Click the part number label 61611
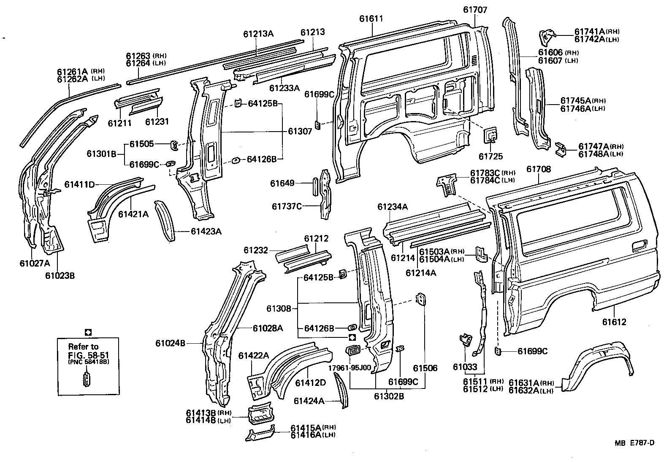point(371,19)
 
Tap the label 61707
point(475,10)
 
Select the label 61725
point(490,156)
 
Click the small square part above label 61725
point(490,135)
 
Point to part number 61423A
point(206,231)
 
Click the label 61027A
point(35,264)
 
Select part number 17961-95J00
point(350,368)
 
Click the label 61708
point(539,170)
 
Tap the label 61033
point(465,367)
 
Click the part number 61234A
point(393,207)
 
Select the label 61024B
point(170,343)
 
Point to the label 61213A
point(258,34)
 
